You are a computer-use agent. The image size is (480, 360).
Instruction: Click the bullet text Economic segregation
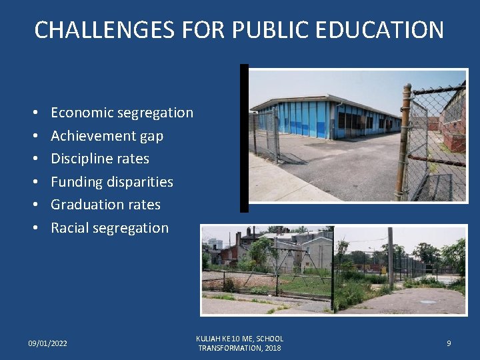pyautogui.click(x=122, y=113)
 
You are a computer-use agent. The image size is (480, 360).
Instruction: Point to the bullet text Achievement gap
pyautogui.click(x=107, y=136)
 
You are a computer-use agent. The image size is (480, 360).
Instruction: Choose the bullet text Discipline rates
pyautogui.click(x=100, y=159)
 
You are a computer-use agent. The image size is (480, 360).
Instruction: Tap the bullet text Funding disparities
pyautogui.click(x=112, y=182)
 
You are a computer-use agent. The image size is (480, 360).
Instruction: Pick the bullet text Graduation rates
pyautogui.click(x=105, y=205)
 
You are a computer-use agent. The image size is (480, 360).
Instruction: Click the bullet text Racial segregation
pyautogui.click(x=109, y=228)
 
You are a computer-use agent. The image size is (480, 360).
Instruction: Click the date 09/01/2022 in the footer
pyautogui.click(x=47, y=343)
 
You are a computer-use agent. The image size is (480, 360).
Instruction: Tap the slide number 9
pyautogui.click(x=449, y=343)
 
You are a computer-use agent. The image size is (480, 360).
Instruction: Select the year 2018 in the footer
pyautogui.click(x=273, y=348)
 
